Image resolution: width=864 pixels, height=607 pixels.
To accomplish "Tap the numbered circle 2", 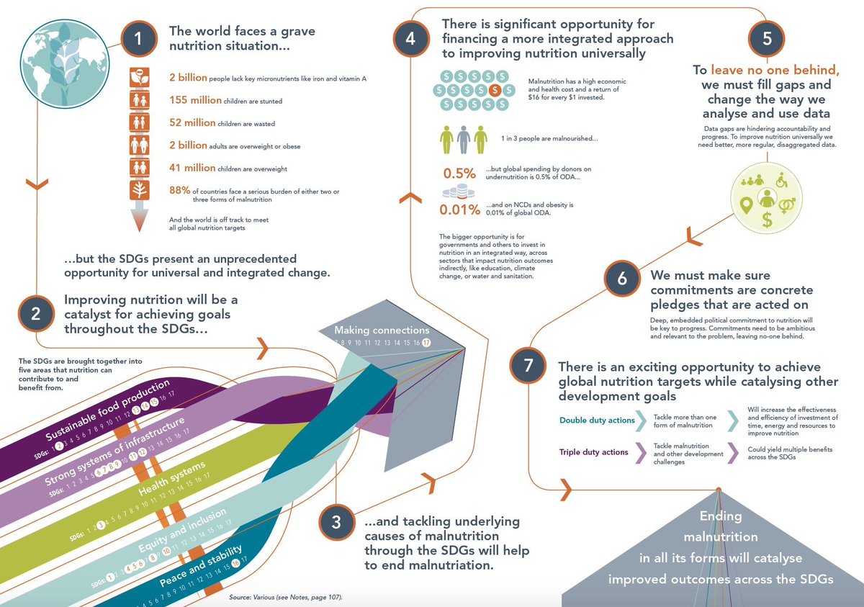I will pos(34,314).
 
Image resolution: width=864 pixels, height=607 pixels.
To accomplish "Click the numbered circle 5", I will pos(767,40).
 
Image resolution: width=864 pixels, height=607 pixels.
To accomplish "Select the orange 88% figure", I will pos(179,190).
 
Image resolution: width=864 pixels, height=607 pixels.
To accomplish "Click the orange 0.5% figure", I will pos(459,174).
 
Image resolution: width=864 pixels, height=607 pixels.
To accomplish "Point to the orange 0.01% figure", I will pos(459,210).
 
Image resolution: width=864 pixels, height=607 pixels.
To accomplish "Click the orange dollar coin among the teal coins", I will pos(494,91).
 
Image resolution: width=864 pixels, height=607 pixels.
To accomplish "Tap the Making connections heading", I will pos(382,330).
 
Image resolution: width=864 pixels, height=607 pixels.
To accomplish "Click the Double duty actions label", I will pos(597,421).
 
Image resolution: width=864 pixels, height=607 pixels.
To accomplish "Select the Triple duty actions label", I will pos(594,452).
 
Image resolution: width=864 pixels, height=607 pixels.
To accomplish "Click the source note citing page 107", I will pos(286,598).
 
